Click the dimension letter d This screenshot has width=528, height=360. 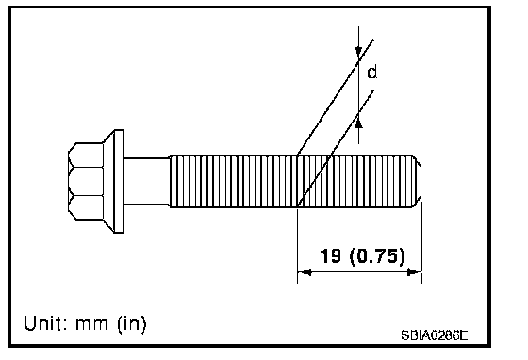point(371,73)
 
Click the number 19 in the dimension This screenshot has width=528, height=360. point(330,256)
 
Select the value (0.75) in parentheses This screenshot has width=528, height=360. point(377,256)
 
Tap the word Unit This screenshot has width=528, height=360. point(43,323)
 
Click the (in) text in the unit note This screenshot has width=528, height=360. point(132,324)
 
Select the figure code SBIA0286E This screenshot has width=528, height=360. point(434,335)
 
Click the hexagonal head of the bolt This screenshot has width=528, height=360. point(86,182)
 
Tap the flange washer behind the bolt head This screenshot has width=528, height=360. point(114,181)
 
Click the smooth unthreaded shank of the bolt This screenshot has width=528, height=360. point(146,181)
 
